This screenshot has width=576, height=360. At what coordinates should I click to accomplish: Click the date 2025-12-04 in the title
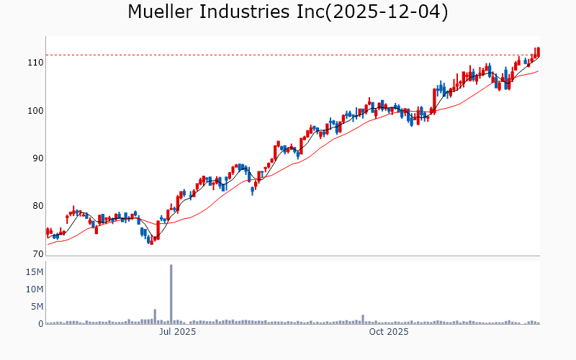(x=386, y=12)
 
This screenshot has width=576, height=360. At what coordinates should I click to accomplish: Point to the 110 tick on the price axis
(x=35, y=63)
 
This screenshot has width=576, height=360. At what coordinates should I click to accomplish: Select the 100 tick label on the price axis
(x=35, y=110)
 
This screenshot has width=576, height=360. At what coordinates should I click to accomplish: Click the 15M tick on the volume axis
(x=34, y=272)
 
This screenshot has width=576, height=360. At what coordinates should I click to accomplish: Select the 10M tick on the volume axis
(x=34, y=289)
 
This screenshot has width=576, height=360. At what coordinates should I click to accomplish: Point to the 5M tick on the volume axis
(x=36, y=307)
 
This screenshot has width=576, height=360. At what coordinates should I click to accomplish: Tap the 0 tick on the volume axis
(x=40, y=324)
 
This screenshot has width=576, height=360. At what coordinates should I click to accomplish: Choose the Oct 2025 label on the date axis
(x=389, y=332)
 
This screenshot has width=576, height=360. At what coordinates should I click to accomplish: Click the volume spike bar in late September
(x=363, y=320)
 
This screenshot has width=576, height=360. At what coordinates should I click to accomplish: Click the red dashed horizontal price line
(x=288, y=55)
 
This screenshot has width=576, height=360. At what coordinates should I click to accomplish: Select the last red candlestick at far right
(x=538, y=53)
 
